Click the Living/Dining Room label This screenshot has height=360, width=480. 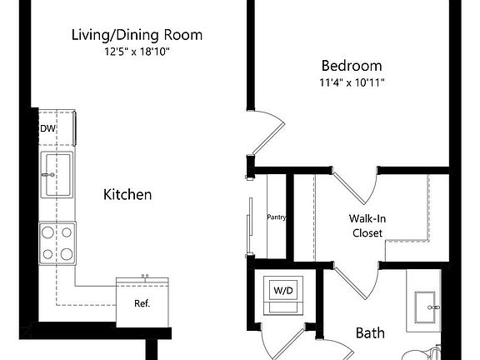coord(136,36)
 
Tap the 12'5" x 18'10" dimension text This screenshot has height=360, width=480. coord(136,52)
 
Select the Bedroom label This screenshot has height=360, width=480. coord(352,66)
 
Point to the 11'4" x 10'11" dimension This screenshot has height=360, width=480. coord(352,82)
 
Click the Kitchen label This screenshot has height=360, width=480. coord(127,195)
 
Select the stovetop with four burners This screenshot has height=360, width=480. coord(57,242)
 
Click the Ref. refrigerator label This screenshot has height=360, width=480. coord(142,303)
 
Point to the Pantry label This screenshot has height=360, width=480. coord(277,218)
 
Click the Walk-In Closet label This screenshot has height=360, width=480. coord(367,226)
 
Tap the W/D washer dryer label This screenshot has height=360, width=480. coord(283,290)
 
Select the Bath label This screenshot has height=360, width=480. coord(370,333)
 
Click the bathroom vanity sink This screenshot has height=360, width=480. coord(427,306)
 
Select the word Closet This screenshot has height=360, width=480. coord(367,233)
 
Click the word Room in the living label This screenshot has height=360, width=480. coord(183,36)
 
